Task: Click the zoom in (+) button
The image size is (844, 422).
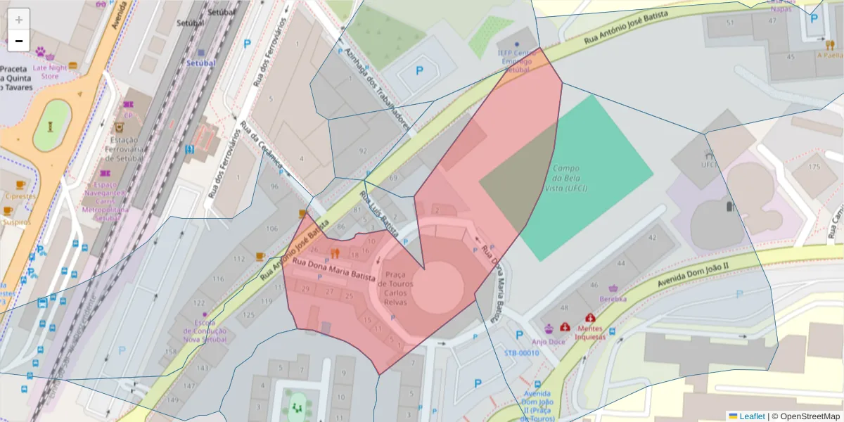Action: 19,19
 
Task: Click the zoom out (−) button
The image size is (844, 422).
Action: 19,41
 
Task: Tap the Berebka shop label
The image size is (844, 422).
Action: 613,298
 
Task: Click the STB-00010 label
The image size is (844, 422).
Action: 521,352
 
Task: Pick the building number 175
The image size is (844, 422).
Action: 814,167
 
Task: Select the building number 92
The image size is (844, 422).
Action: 363,151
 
